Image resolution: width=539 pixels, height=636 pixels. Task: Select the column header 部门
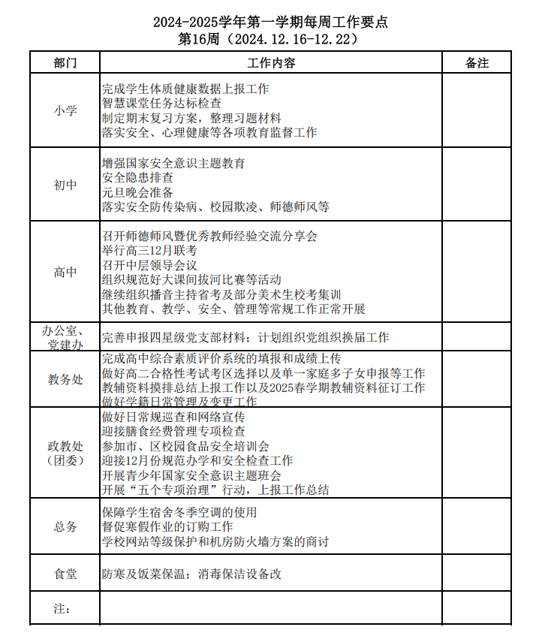point(65,62)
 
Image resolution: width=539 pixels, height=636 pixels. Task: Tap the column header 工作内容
point(271,62)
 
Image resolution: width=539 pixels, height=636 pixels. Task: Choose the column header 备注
point(477,62)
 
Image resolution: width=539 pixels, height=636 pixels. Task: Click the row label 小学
point(65,110)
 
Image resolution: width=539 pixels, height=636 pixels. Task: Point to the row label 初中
point(65,185)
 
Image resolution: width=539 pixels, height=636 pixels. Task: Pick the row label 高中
point(65,273)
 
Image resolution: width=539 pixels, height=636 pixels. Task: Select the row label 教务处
point(65,379)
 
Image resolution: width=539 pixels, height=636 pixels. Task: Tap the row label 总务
point(65,527)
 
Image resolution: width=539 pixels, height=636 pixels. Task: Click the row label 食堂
point(65,574)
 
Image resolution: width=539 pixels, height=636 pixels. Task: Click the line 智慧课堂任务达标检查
point(161,104)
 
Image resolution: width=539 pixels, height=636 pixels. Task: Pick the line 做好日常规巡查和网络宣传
point(173,417)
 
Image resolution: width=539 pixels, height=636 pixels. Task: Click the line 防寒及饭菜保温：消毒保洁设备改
point(191,574)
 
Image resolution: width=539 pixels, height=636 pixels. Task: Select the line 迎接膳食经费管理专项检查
point(173,431)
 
